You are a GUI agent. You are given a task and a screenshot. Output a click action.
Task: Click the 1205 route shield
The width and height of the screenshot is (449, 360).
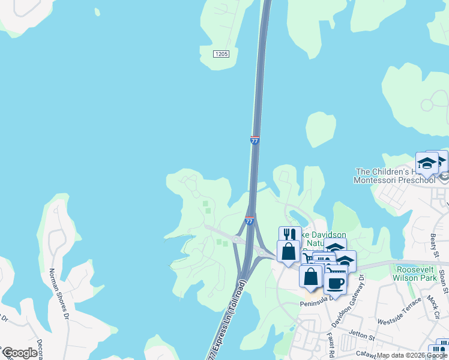point(221,54)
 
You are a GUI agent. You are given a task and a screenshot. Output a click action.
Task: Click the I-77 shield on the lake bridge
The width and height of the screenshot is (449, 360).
point(255,140)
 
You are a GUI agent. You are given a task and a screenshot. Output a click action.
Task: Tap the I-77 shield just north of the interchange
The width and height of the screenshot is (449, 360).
point(249,221)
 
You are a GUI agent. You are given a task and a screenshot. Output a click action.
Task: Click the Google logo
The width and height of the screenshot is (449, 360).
point(19,353)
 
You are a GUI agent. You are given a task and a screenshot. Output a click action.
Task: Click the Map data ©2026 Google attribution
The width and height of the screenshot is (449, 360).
point(412,356)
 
